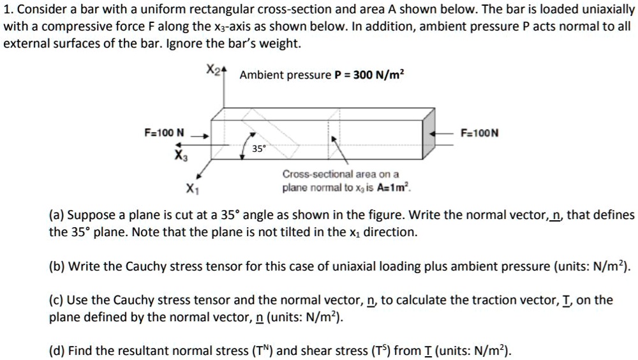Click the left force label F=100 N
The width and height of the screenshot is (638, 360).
pos(164,133)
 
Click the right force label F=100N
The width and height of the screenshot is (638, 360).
pos(479,133)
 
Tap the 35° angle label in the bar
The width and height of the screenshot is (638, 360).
pos(258,149)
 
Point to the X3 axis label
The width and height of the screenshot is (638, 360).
pos(181,154)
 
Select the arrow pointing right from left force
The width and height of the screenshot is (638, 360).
pos(201,135)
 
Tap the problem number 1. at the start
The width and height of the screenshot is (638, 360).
pos(7,10)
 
